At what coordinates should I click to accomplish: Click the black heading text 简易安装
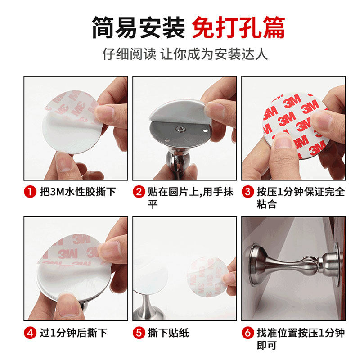(x=138, y=28)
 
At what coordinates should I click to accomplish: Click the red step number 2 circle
(x=139, y=192)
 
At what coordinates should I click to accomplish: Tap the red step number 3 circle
(x=247, y=192)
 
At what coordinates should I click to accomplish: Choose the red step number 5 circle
(x=139, y=333)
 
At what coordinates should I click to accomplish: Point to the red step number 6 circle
(x=247, y=333)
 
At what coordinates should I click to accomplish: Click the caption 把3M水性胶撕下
(x=76, y=192)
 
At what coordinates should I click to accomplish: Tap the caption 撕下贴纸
(x=168, y=333)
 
